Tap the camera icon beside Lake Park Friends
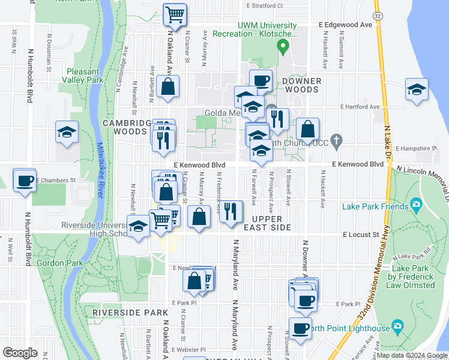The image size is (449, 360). pos(416,206)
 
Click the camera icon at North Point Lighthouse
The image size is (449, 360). pos(396,327)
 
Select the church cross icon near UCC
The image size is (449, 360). pos(337,142)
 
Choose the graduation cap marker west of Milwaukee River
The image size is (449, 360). pos(67,133)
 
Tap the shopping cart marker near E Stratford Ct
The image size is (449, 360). pos(175,14)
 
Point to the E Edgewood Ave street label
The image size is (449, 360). pos(346,25)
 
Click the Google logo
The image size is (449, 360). pos(21,352)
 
